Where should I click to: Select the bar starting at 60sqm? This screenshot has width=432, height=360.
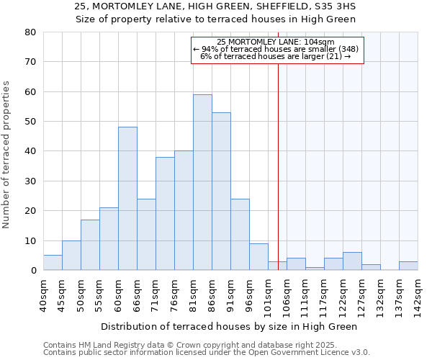(x=127, y=199)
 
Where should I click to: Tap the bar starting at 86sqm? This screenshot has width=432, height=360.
(x=221, y=192)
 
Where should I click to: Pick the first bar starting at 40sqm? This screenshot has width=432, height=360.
(x=53, y=263)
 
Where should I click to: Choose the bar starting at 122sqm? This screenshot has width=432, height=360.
(x=352, y=261)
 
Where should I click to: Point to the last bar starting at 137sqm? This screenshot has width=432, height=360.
(x=408, y=266)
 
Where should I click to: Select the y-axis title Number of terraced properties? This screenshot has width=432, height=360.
(x=6, y=154)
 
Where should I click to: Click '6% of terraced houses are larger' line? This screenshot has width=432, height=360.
(x=276, y=56)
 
